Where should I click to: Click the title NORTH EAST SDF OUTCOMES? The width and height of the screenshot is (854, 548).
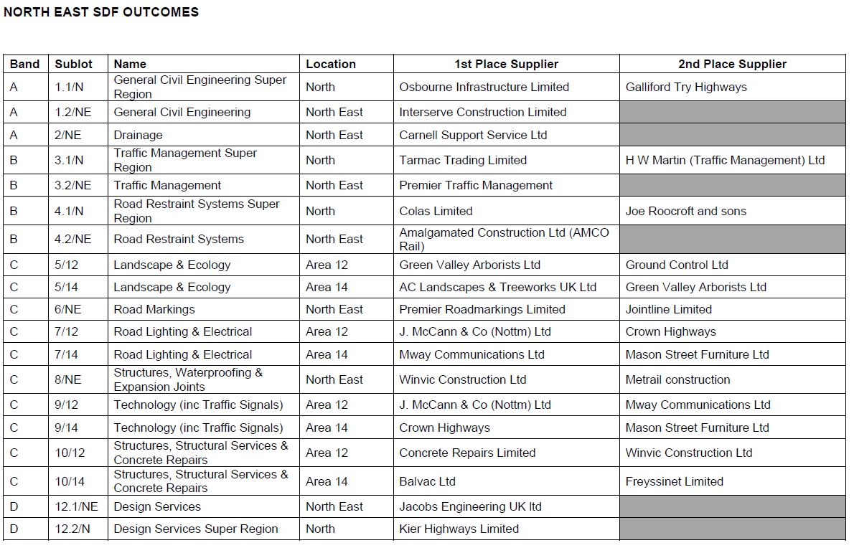[x=101, y=12]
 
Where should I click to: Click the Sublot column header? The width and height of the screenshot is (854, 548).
[x=73, y=64]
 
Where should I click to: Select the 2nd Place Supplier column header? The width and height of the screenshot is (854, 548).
[x=732, y=64]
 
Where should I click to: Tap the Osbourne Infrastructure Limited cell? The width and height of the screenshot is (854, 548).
[x=484, y=87]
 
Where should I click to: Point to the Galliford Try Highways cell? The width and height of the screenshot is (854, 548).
[x=685, y=87]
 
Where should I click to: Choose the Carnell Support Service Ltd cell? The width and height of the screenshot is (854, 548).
[x=473, y=135]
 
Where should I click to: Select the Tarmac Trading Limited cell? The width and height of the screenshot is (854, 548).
[x=463, y=160]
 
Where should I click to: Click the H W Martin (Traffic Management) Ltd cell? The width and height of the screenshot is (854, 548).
[x=725, y=160]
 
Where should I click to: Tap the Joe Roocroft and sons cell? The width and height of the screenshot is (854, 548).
[x=685, y=211]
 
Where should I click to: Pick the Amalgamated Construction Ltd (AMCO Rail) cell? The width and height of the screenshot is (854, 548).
[x=504, y=239]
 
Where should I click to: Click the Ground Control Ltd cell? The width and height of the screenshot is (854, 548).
[x=676, y=265]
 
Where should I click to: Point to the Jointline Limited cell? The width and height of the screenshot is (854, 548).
[x=668, y=309]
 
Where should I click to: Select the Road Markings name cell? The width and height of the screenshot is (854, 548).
[x=154, y=309]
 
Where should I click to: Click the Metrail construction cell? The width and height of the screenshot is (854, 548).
[x=677, y=379]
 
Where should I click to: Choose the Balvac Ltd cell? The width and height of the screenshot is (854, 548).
[x=427, y=481]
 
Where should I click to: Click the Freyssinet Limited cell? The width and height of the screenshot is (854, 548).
[x=674, y=481]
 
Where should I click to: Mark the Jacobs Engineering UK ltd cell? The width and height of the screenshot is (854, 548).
[x=470, y=506]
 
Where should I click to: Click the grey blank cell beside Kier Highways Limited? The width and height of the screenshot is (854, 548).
[x=732, y=529]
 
